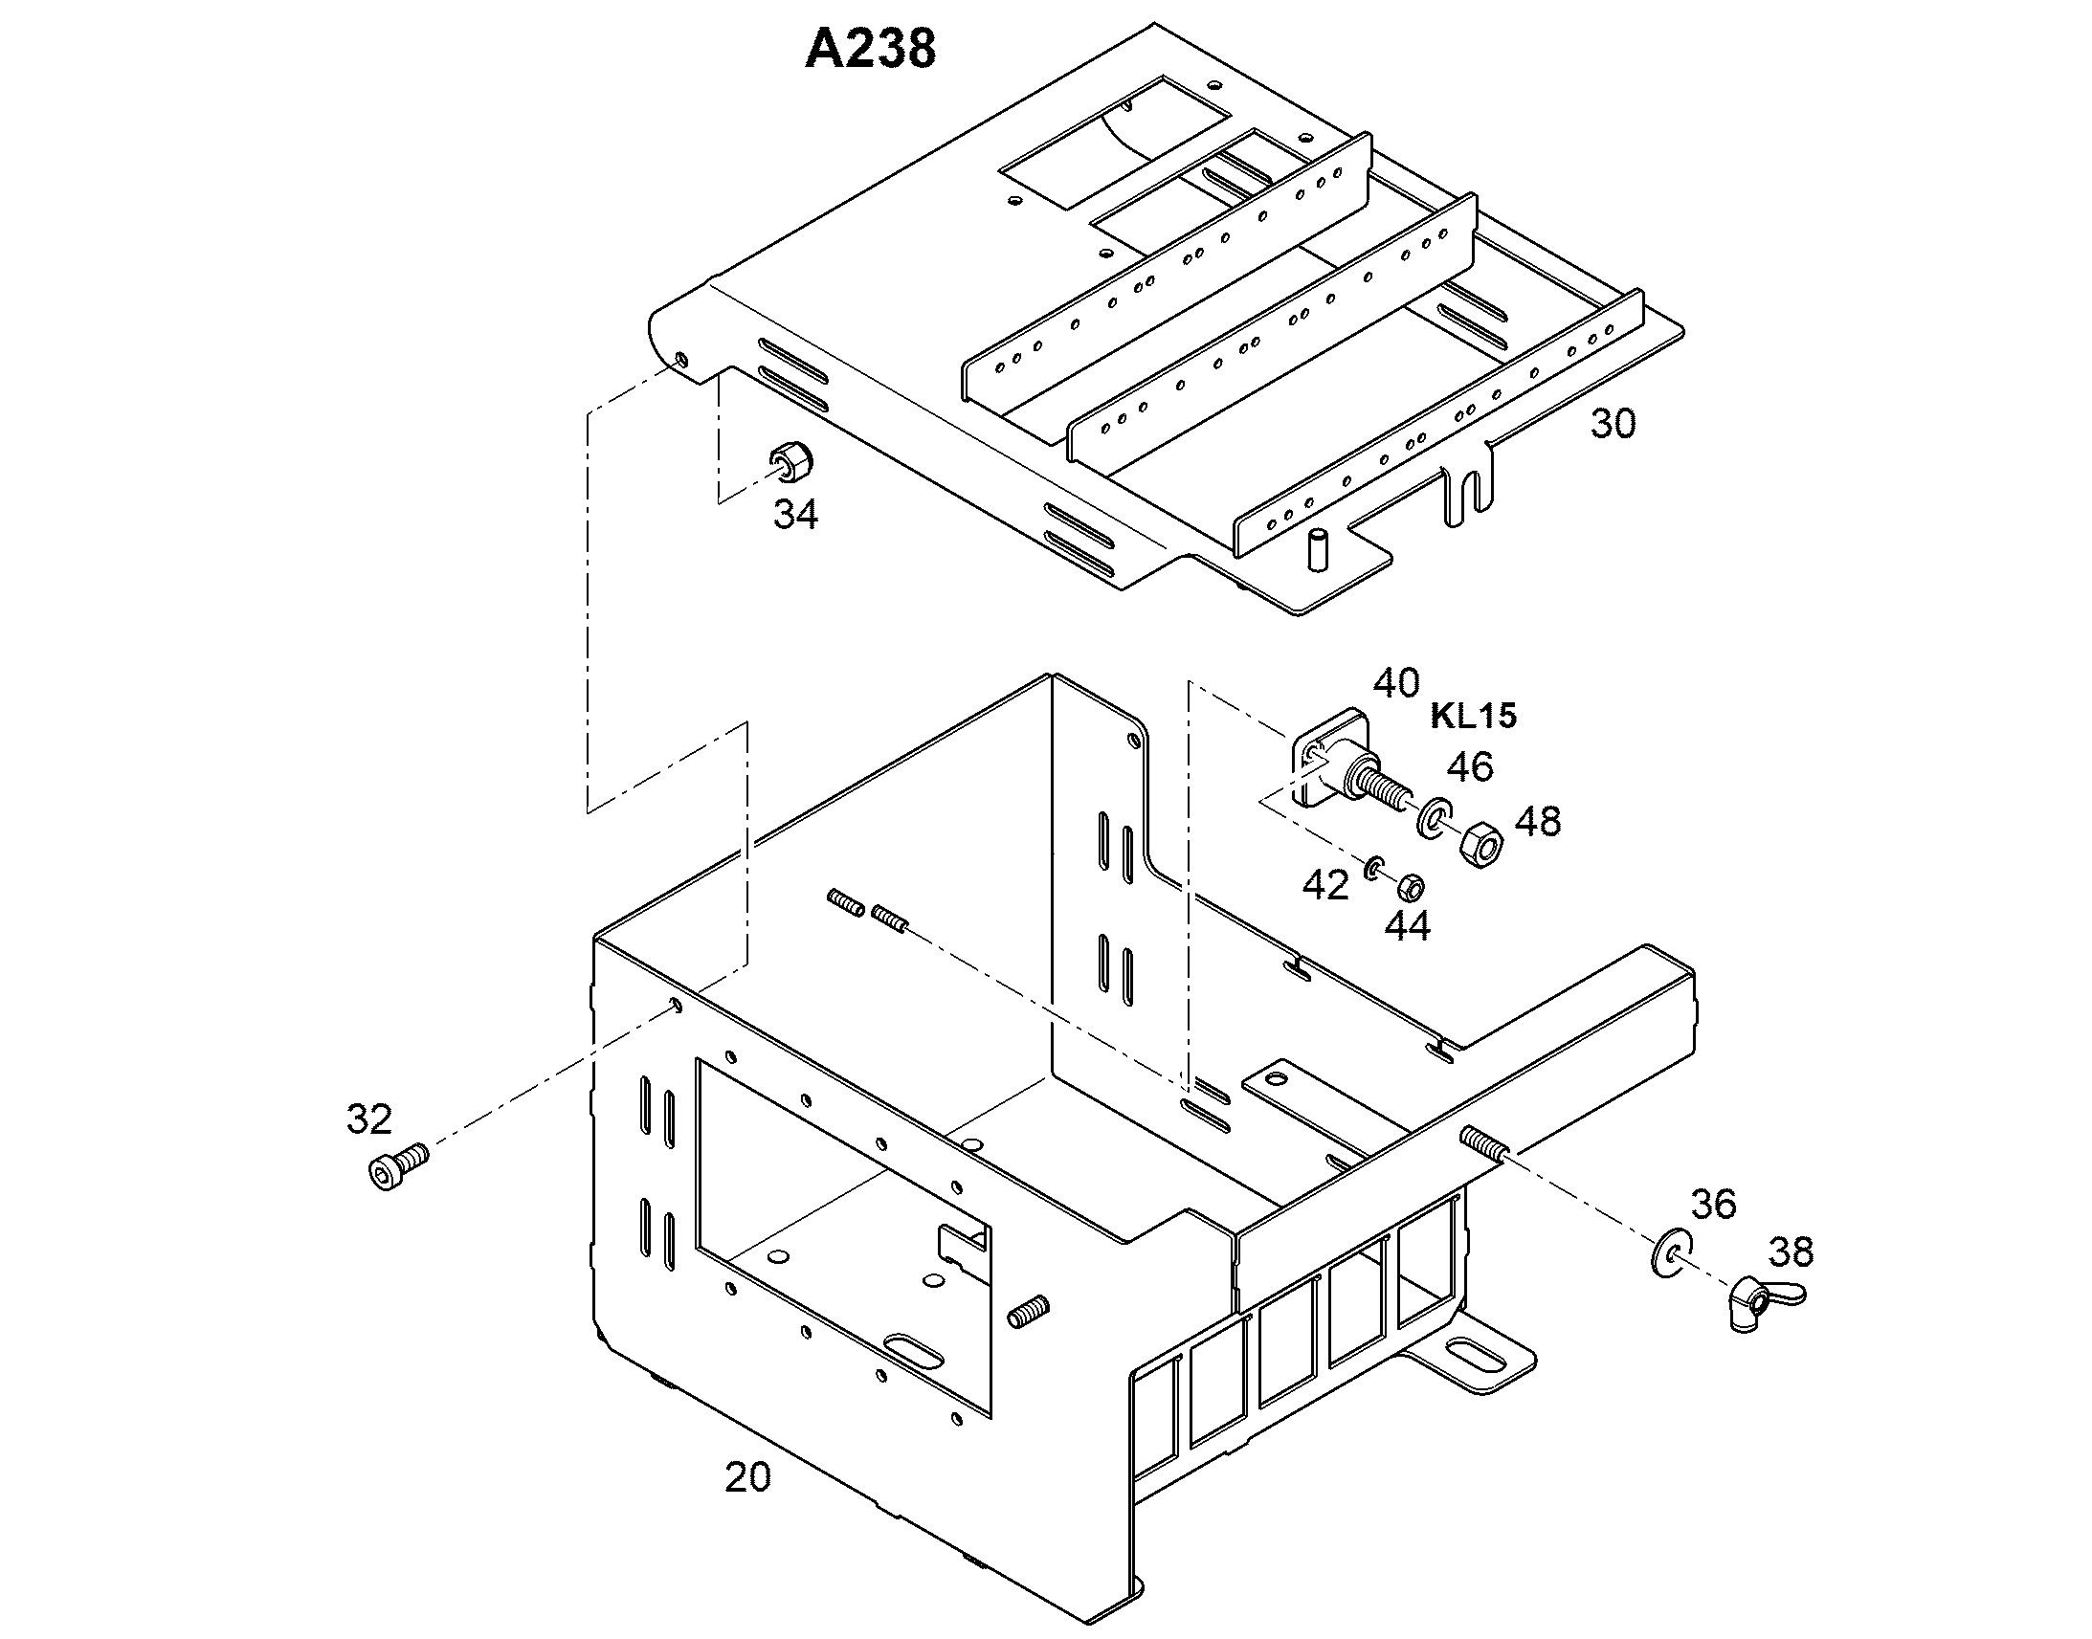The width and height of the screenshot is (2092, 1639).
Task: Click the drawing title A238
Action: pyautogui.click(x=869, y=50)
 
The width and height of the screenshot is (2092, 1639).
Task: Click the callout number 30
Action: pyautogui.click(x=1613, y=423)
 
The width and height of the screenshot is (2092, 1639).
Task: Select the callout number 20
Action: pyautogui.click(x=747, y=1478)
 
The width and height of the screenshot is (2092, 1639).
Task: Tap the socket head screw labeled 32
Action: pyautogui.click(x=397, y=1168)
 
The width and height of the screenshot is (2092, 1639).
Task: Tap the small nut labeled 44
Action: pyautogui.click(x=1410, y=886)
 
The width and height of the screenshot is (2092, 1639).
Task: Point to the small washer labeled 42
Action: pyautogui.click(x=1373, y=868)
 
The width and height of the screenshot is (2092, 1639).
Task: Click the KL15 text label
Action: pyautogui.click(x=1474, y=716)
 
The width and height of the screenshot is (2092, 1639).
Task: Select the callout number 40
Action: pyautogui.click(x=1396, y=683)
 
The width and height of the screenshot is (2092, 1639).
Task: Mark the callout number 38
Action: pyautogui.click(x=1791, y=1251)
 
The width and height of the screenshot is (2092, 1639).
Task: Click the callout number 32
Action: pyautogui.click(x=369, y=1119)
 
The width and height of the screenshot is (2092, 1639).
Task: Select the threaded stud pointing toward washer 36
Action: pyautogui.click(x=1484, y=1144)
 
